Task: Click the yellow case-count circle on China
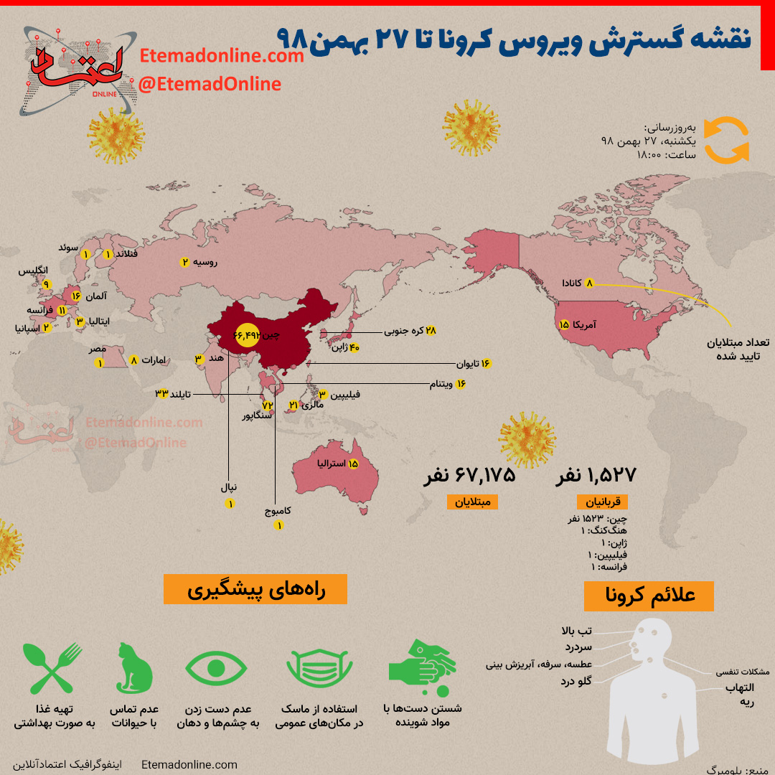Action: [x=245, y=335]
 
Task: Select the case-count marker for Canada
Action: [x=591, y=283]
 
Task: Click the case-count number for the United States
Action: [x=564, y=325]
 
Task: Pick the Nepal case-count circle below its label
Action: [x=230, y=504]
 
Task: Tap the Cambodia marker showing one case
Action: [x=279, y=525]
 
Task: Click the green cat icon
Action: [x=134, y=668]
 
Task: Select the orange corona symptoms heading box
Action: [x=649, y=596]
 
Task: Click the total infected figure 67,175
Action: [x=471, y=475]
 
